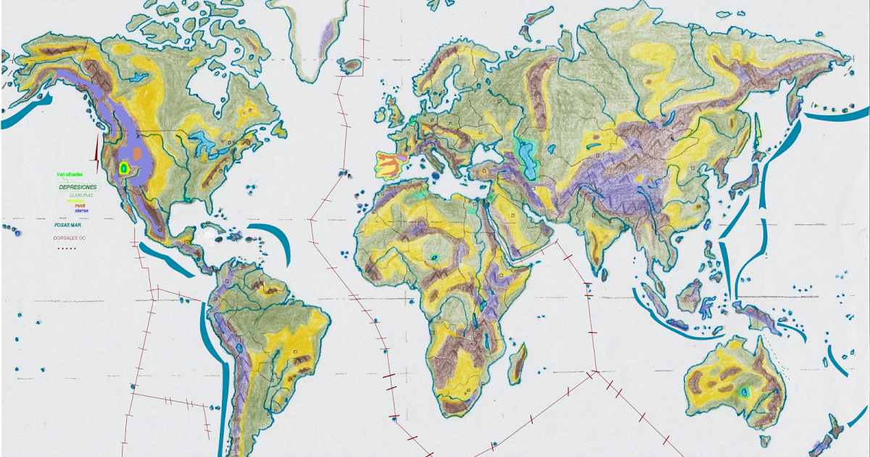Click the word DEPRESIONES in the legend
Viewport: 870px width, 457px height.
pos(78,187)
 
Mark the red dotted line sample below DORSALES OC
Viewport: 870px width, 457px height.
pos(67,248)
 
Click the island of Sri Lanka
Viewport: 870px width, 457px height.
pos(603,273)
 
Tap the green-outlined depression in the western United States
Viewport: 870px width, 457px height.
pos(124,168)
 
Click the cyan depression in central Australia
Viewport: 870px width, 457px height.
pos(744,392)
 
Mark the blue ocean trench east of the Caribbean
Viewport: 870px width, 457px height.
pos(274,244)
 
